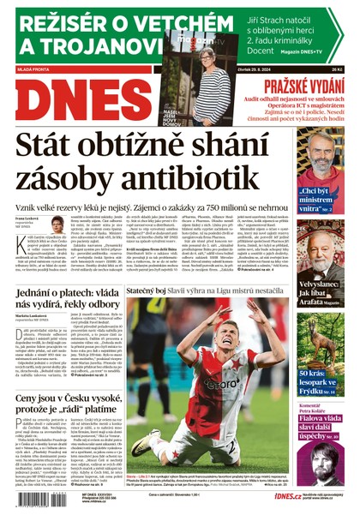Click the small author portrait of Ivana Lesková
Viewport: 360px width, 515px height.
click(x=57, y=225)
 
